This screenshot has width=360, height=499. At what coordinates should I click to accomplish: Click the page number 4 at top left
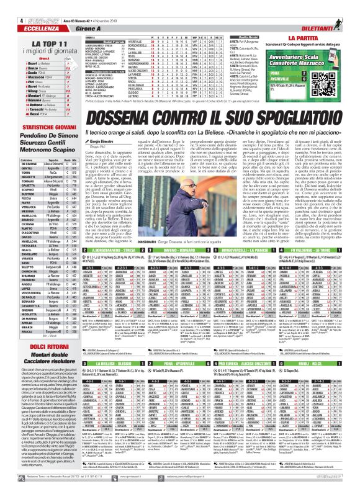pos(5,4)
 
